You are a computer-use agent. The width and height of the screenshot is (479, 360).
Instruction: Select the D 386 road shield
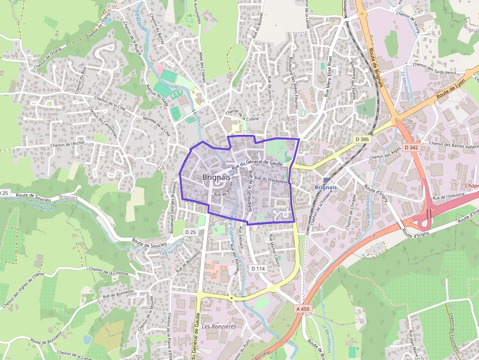coord(363,139)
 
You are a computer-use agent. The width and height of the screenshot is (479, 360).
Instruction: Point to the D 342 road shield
coord(411,147)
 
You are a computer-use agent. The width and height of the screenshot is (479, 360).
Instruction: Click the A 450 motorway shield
coord(303,309)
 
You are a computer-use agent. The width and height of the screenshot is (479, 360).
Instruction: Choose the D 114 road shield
coord(258,269)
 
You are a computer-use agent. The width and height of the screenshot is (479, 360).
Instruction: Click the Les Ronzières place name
coord(218,326)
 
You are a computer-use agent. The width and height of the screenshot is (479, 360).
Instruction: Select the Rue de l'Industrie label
coord(449,197)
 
